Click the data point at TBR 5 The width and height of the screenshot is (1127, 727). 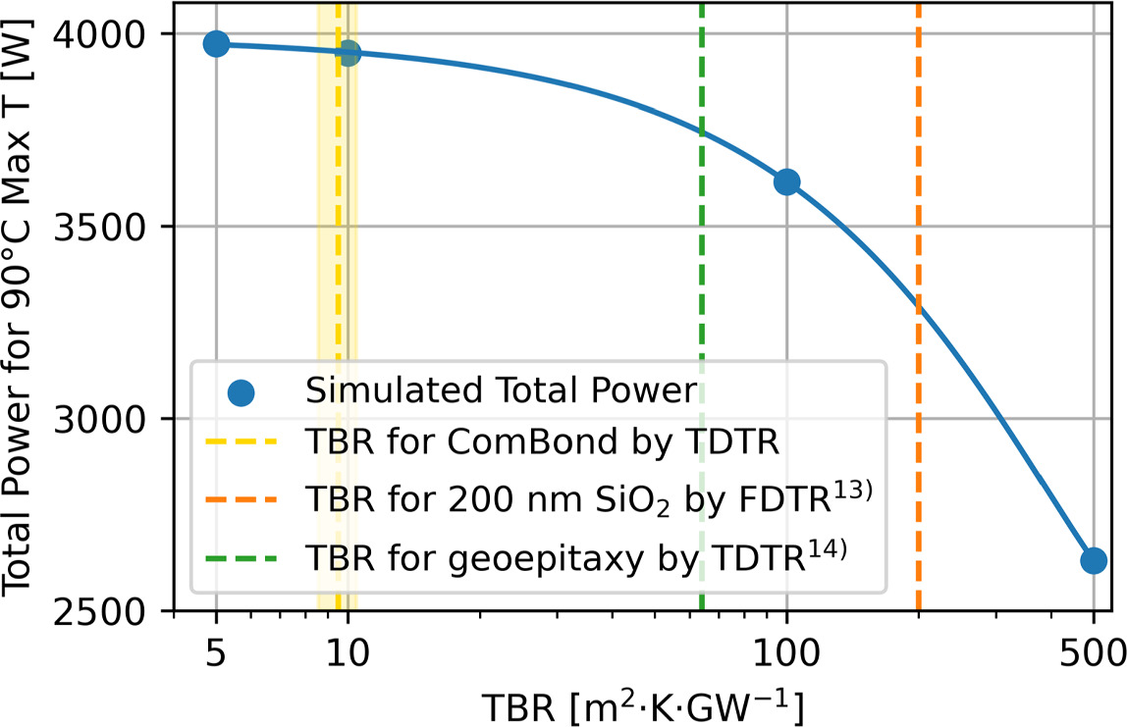click(216, 44)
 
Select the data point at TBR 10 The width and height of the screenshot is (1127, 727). click(349, 53)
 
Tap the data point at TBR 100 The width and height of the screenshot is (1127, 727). click(786, 182)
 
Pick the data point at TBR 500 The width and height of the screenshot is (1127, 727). click(1094, 560)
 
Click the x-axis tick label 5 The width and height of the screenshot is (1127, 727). click(216, 649)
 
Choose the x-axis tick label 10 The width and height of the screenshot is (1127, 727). click(347, 649)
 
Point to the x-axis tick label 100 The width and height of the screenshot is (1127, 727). click(786, 649)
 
